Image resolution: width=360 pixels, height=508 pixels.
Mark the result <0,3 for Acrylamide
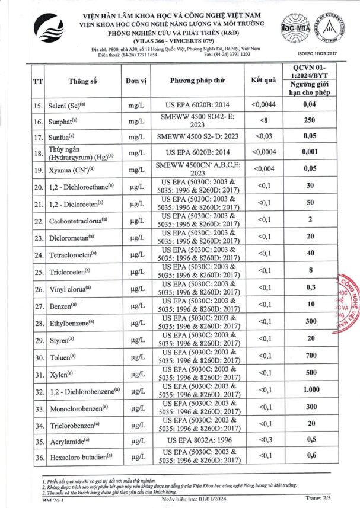(263, 441)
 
